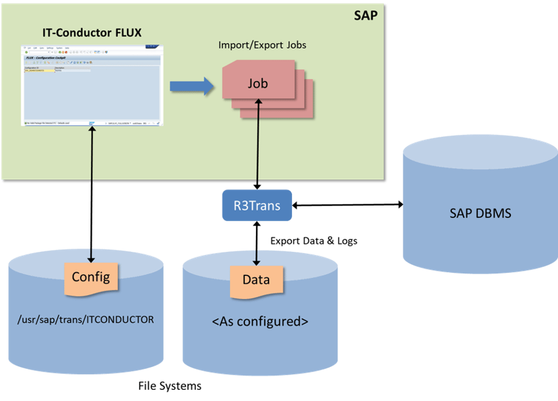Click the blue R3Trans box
(x=257, y=206)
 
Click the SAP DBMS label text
(x=480, y=213)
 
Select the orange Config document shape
(x=90, y=277)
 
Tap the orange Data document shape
(x=256, y=281)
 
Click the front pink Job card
(x=257, y=84)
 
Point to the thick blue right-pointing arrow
(x=191, y=86)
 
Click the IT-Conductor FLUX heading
(x=91, y=31)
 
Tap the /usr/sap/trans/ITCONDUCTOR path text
(x=86, y=321)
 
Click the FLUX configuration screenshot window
(x=91, y=85)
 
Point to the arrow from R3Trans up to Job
(x=257, y=144)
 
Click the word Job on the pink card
(x=257, y=84)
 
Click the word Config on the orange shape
(x=90, y=277)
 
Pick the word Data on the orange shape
(x=256, y=280)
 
